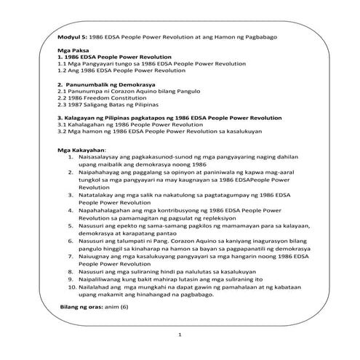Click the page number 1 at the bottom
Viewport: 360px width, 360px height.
click(180, 337)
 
